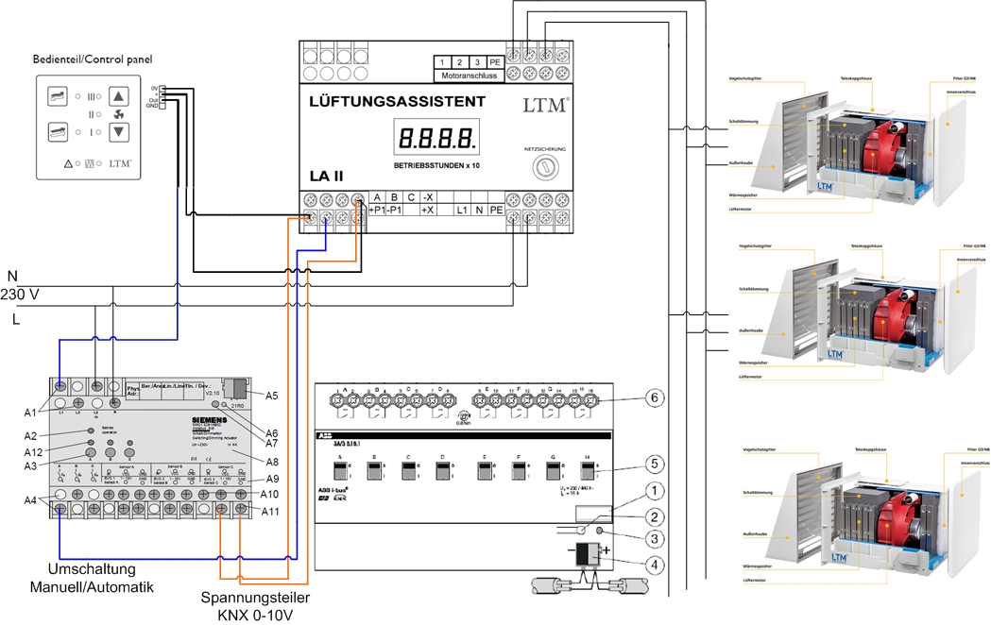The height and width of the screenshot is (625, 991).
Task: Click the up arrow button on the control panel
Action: tap(119, 96)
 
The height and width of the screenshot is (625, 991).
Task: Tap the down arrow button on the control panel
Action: tap(119, 131)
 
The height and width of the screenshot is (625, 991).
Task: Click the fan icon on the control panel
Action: tap(118, 114)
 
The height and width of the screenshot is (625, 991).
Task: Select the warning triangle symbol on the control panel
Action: tap(68, 163)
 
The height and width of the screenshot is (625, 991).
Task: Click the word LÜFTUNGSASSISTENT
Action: tap(397, 101)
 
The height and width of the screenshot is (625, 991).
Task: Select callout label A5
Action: tap(272, 396)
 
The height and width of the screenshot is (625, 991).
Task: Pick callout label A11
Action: tap(271, 512)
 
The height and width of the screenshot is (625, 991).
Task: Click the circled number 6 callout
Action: tap(652, 397)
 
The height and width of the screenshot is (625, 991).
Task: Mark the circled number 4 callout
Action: tap(652, 564)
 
